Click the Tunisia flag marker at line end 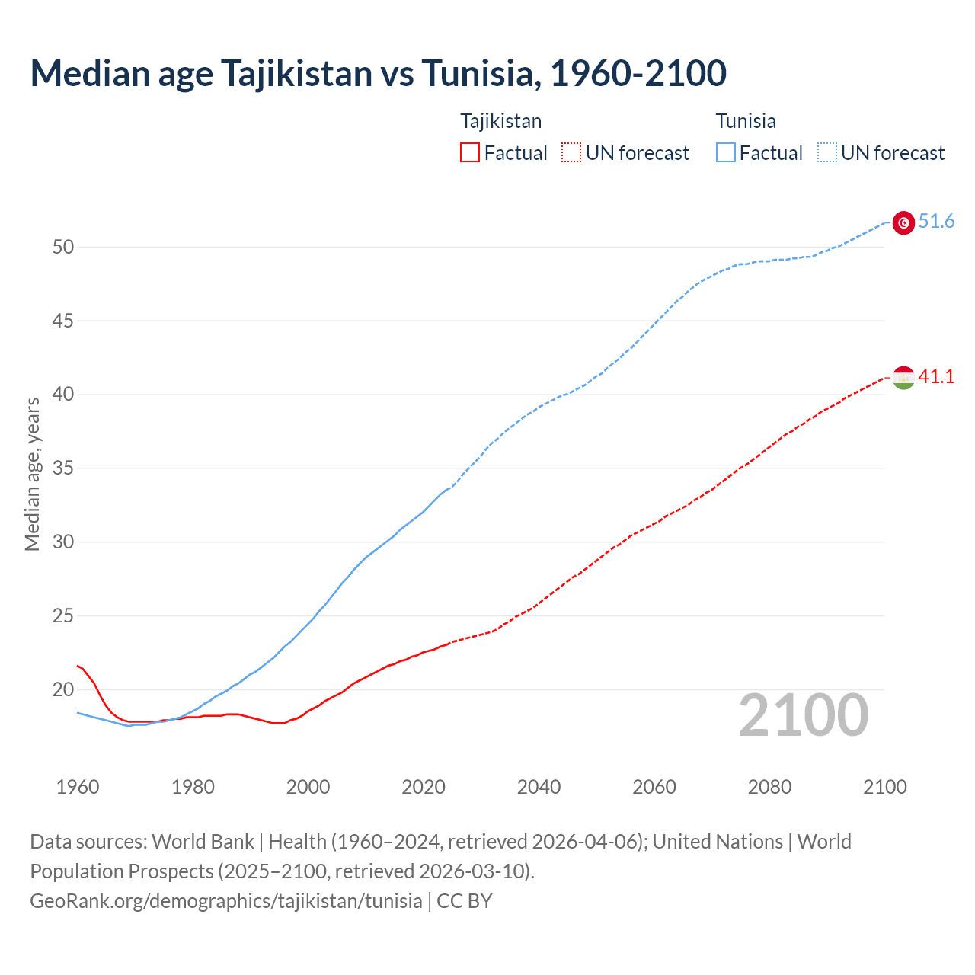[903, 222]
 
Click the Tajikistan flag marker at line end [903, 378]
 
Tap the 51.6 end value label [936, 222]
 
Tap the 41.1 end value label [936, 377]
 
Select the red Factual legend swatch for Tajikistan [470, 153]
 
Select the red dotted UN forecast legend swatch [571, 153]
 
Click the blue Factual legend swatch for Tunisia [726, 153]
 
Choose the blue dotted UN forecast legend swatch [826, 153]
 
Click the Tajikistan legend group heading [500, 121]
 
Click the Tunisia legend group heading [745, 121]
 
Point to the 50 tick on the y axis [63, 247]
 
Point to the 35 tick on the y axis [63, 468]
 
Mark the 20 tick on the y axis [63, 690]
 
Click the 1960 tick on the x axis [78, 787]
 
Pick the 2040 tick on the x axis [539, 787]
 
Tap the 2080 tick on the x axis [769, 787]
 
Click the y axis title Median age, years [32, 474]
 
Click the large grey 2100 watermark [803, 715]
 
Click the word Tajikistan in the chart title [296, 73]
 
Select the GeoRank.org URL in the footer [225, 901]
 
